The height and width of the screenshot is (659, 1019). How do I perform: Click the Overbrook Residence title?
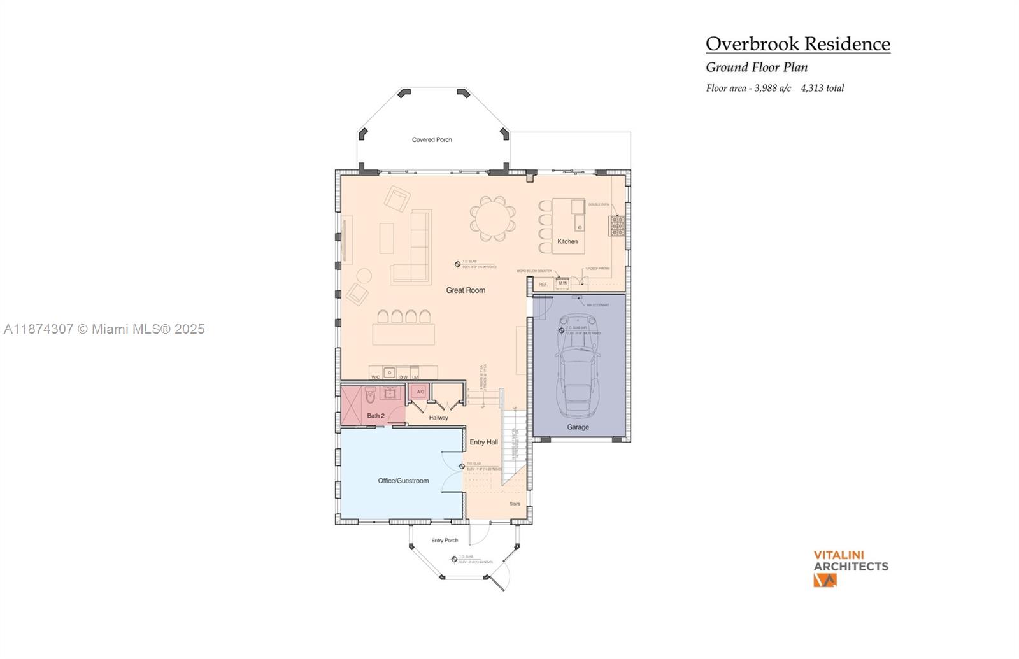coord(797,44)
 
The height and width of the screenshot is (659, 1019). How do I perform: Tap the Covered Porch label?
coord(432,139)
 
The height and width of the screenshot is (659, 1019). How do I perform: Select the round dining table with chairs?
coord(492,218)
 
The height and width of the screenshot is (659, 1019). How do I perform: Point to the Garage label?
coord(578,427)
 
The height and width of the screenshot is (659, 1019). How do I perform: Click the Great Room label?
coord(466,290)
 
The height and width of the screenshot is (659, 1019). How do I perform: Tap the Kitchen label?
coord(567,241)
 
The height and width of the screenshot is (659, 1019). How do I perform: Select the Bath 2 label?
coord(376,416)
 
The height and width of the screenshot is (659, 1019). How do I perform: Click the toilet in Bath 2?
coord(371,397)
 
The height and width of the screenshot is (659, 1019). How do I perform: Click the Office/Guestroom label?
coord(403,481)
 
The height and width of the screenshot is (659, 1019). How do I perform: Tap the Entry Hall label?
coord(483,442)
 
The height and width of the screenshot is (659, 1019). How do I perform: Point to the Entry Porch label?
coord(445,541)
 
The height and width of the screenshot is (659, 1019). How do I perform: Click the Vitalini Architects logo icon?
coord(825,580)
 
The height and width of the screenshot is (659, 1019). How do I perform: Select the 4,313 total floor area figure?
coord(822,89)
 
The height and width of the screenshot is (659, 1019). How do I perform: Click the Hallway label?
coord(438,418)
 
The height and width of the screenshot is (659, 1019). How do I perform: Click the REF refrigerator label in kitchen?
coord(543,284)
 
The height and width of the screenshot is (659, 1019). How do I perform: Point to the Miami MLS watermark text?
coord(104,329)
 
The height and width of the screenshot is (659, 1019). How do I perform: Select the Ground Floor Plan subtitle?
coord(757,67)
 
